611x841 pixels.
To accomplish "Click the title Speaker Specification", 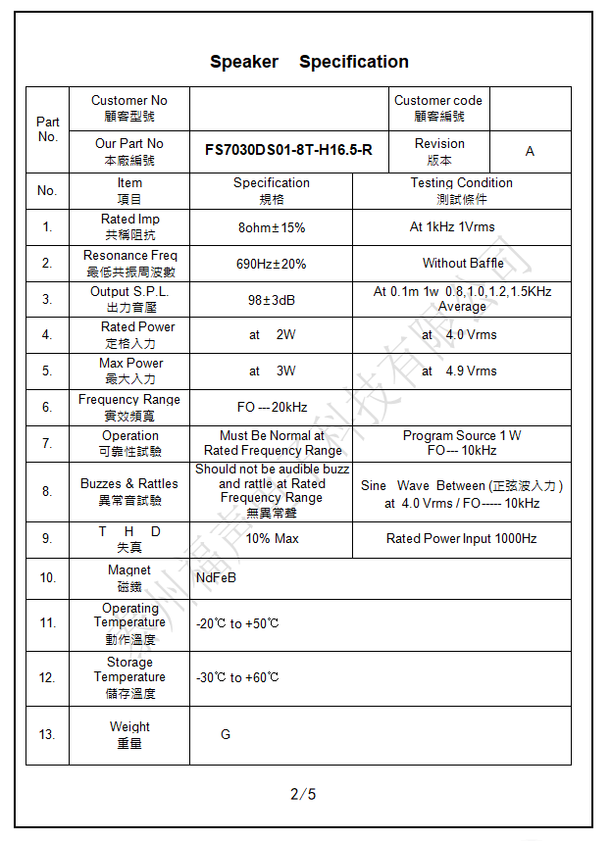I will tap(309, 62).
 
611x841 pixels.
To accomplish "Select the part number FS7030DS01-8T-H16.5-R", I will tap(288, 151).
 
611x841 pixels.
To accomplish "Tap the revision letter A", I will tap(530, 151).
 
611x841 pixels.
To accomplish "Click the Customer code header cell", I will tap(437, 108).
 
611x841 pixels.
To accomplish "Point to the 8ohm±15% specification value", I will tap(272, 227).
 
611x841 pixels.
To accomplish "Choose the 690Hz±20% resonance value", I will tap(272, 264).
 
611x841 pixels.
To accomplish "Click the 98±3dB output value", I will tap(272, 300).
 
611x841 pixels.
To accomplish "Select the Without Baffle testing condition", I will tap(463, 263).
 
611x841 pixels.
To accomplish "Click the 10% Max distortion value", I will tap(272, 539).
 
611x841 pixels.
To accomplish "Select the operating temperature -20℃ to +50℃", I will tap(237, 623).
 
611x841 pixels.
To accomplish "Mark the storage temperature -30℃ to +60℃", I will tap(237, 677).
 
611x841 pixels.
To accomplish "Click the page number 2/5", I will tap(303, 794).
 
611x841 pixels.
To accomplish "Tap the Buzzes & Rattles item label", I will tap(129, 491).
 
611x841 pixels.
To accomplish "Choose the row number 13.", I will tap(47, 735).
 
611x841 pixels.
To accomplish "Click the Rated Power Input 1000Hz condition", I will tap(461, 539).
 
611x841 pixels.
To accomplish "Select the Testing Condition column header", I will tap(461, 190).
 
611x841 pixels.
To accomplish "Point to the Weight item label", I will tap(129, 734).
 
